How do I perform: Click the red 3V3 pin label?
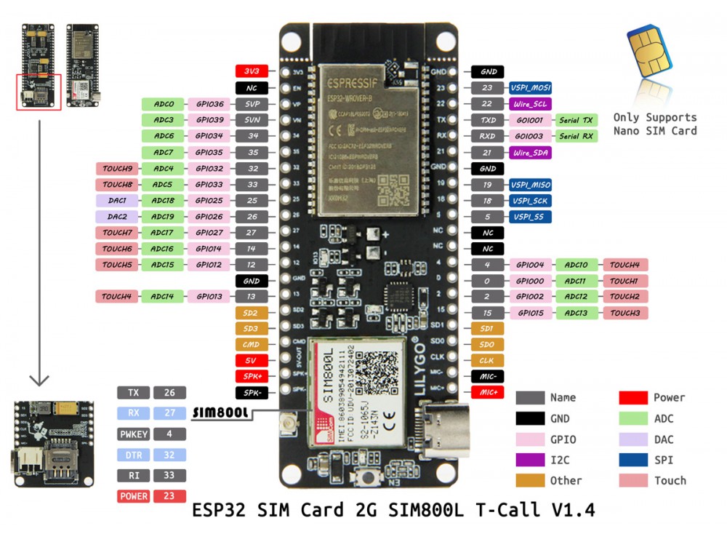252,71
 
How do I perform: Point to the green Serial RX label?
577,136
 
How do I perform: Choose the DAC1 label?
118,200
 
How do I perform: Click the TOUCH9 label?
117,169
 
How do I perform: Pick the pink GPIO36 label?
209,104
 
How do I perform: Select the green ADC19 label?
164,216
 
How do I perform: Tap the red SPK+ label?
251,376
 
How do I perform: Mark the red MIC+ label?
489,393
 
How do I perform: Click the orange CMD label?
251,345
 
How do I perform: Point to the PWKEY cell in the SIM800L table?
133,434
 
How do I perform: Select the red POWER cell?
133,496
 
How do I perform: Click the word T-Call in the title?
509,510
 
